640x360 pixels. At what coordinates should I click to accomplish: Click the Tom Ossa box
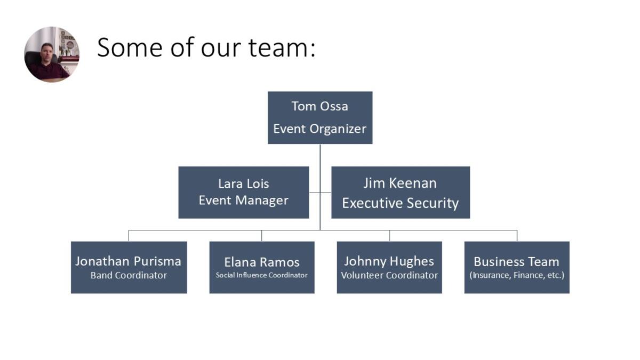[320, 118]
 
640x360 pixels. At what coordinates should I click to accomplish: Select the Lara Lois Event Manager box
[243, 193]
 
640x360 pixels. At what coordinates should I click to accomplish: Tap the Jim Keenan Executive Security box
[401, 193]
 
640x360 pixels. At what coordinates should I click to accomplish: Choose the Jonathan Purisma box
[129, 267]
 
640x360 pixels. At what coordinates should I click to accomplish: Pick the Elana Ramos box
[262, 267]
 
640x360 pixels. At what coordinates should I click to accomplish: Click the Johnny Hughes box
[389, 267]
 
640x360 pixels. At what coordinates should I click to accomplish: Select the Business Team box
[517, 267]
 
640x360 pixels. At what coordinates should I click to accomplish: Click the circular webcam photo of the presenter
[52, 54]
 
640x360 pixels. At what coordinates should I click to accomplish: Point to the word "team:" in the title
[282, 47]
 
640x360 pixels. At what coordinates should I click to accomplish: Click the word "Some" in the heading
[130, 47]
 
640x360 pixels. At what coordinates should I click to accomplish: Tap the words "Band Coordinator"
[129, 275]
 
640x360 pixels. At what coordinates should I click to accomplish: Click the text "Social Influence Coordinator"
[262, 275]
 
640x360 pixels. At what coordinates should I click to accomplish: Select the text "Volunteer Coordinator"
[389, 275]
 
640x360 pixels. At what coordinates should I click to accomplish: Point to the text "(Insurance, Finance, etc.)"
[517, 275]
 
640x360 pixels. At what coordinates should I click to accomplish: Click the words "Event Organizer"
[319, 129]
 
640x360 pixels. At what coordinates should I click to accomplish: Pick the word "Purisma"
[157, 261]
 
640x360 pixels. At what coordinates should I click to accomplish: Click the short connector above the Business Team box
[517, 236]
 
